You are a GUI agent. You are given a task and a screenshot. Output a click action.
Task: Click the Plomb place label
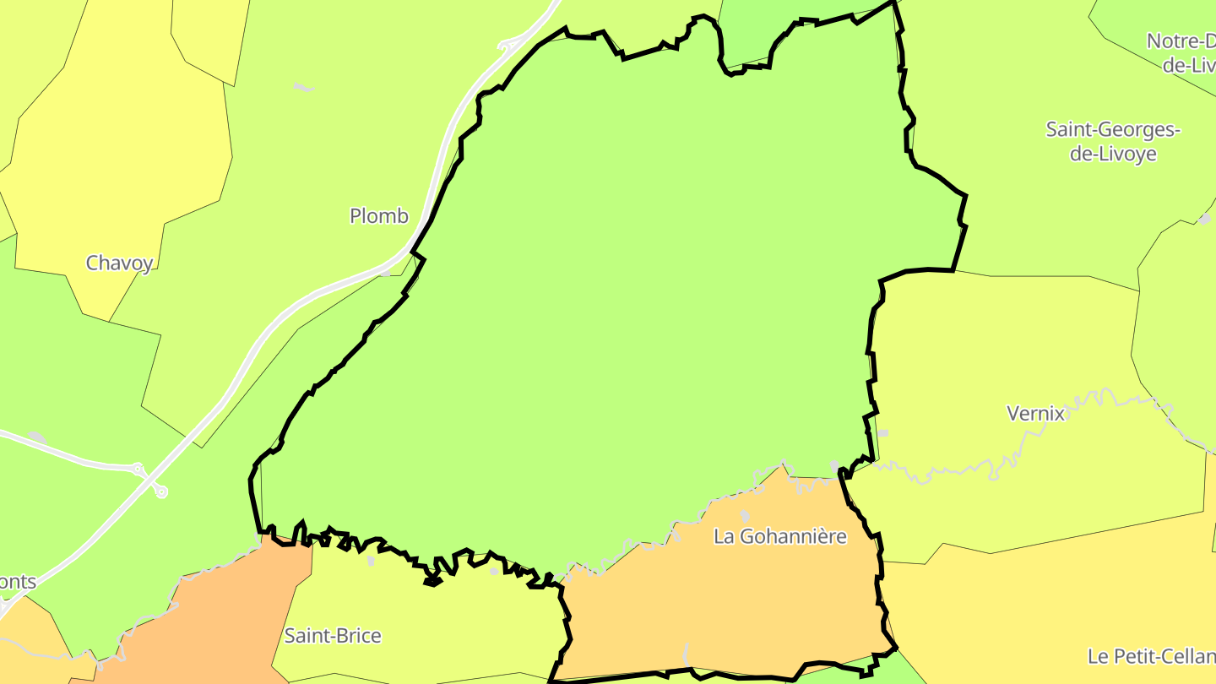(x=379, y=216)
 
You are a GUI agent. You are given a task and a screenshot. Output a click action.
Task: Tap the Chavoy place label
(x=119, y=263)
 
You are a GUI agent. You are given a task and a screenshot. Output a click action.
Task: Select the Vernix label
(x=1035, y=414)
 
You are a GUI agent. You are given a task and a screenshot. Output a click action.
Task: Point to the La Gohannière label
(x=779, y=536)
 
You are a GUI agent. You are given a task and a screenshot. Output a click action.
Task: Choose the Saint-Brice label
(x=333, y=636)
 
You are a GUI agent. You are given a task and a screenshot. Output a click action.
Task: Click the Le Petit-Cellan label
(x=1151, y=656)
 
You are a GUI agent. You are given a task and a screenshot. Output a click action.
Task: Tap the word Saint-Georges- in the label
(x=1112, y=130)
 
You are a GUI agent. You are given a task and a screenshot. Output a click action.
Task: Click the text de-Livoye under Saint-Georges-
(x=1112, y=155)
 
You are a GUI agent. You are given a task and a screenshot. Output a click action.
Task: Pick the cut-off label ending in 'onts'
(x=19, y=582)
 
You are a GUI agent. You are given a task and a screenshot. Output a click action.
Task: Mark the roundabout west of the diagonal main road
(x=138, y=468)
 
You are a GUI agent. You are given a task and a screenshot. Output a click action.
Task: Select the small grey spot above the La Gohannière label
(x=745, y=515)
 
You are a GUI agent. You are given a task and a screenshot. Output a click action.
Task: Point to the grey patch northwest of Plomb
(x=303, y=87)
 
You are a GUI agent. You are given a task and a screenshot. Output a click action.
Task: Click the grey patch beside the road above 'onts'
(x=36, y=437)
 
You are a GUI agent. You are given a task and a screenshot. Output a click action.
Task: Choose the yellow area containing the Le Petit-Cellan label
(x=1056, y=608)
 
